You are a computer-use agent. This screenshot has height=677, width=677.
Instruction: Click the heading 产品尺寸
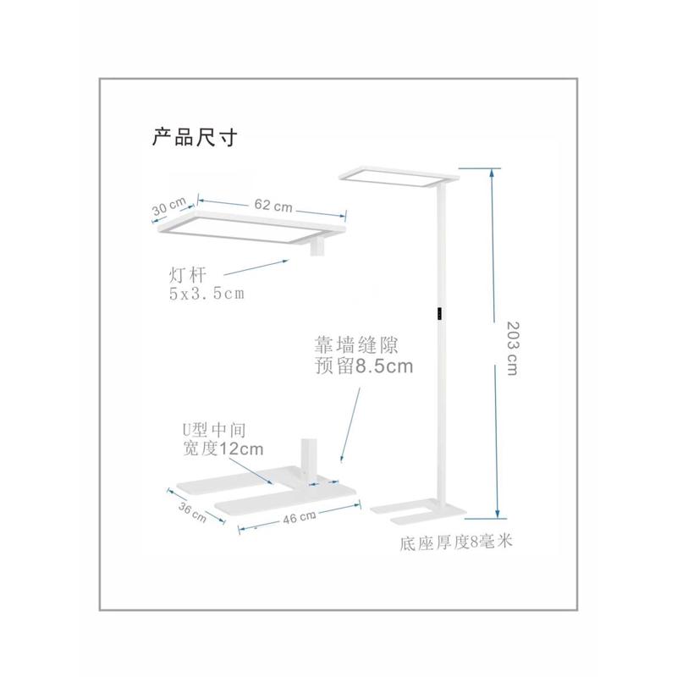(194, 137)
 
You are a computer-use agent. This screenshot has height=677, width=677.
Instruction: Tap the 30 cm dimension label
(170, 206)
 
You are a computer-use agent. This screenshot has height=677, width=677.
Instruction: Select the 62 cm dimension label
(272, 206)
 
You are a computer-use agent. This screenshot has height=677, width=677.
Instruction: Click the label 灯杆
(187, 275)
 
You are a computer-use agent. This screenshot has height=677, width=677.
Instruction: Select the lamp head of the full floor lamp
(399, 174)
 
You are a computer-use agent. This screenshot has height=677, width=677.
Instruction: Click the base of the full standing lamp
(417, 508)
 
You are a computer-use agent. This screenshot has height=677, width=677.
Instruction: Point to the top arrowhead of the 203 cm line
(496, 169)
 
